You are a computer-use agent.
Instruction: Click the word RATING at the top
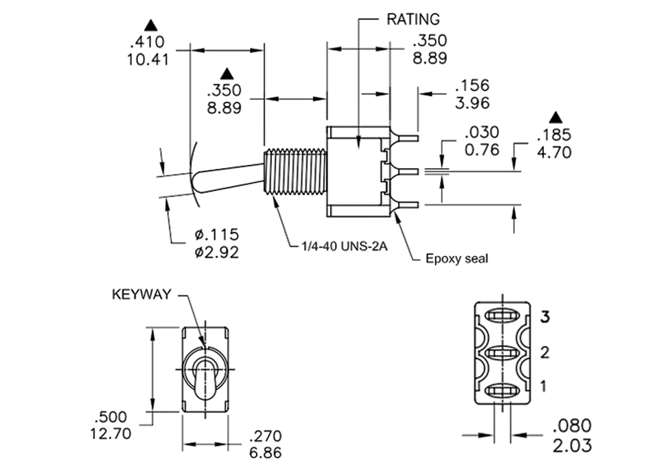(413, 19)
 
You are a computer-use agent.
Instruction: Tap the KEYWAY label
(141, 294)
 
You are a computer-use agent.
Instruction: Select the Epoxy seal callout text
(456, 259)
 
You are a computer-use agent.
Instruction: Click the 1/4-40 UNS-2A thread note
(344, 247)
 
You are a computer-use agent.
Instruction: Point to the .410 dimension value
(147, 42)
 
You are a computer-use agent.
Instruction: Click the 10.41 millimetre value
(148, 60)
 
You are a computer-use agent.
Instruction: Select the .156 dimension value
(472, 86)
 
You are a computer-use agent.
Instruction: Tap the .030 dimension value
(482, 133)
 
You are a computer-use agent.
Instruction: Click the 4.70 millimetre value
(554, 153)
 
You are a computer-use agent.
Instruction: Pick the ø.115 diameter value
(216, 234)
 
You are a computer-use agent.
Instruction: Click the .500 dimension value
(111, 417)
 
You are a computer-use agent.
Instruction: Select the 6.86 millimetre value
(265, 453)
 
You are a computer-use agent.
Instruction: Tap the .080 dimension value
(572, 426)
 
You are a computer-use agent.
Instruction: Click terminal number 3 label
(545, 317)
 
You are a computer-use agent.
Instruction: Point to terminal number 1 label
(543, 386)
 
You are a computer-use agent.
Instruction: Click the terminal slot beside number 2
(503, 353)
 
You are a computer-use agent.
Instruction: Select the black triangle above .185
(555, 117)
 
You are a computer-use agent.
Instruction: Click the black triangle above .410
(151, 25)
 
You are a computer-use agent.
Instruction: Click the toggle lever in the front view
(204, 379)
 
